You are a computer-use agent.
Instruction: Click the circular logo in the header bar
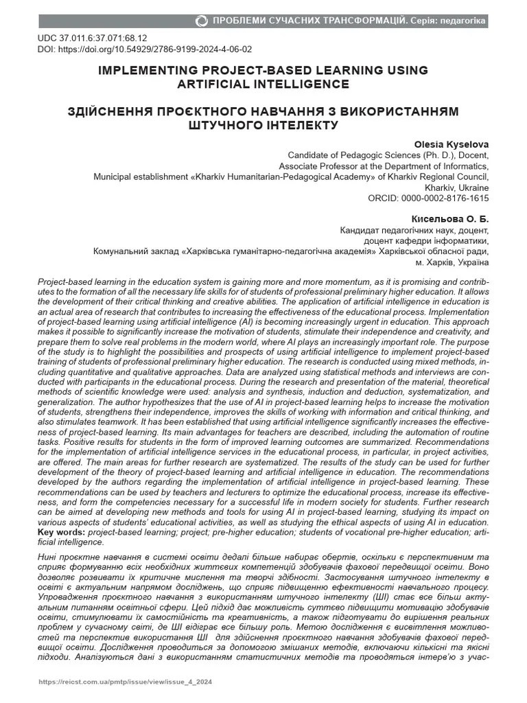tap(201, 21)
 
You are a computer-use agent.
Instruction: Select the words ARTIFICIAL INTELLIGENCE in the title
tap(263, 84)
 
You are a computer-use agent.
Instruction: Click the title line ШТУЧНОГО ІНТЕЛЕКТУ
tap(263, 126)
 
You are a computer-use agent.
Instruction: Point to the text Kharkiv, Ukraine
tap(456, 187)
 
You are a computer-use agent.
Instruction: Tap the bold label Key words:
tap(62, 533)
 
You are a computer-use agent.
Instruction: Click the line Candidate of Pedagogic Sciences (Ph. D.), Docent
tap(388, 154)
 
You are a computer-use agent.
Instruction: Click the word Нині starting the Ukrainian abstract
tap(49, 554)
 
